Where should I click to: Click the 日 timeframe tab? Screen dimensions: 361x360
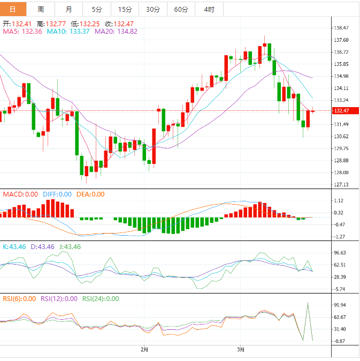coord(13,10)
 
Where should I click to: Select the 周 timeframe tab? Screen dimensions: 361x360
coord(41,10)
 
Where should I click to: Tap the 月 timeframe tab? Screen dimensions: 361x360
coord(69,10)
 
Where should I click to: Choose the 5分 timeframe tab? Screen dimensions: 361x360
coord(97,10)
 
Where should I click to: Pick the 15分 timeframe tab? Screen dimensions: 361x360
coord(125,10)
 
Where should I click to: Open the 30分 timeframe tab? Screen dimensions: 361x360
coord(152,10)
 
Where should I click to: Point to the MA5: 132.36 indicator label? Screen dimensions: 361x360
coord(22,32)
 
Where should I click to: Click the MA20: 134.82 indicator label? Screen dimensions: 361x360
coord(116,32)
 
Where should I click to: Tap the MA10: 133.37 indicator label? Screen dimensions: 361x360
coord(68,32)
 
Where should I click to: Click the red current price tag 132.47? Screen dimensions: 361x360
coord(341,111)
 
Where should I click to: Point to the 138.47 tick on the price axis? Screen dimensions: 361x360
coord(341,28)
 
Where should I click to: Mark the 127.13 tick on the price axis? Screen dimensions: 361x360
coord(341,184)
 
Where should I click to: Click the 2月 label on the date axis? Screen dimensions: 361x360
coord(144,350)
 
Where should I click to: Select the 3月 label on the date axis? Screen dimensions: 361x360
coord(241,350)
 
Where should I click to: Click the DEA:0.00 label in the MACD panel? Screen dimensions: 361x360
coord(90,194)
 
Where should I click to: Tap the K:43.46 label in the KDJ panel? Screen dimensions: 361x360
coord(15,247)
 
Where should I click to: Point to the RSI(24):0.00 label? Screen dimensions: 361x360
coord(101,299)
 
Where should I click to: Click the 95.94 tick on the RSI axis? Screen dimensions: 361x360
coord(341,305)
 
